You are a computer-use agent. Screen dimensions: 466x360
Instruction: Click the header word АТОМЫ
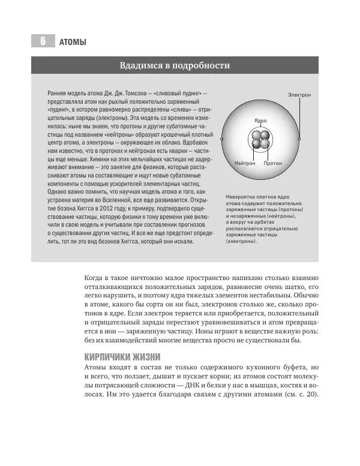coord(74,42)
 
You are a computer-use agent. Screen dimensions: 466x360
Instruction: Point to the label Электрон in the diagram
coord(302,95)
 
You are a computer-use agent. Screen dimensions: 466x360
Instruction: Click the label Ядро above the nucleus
coord(260,121)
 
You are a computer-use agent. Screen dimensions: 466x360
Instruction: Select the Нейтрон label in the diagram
coord(245,163)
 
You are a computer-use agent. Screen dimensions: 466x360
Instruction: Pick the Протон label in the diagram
coord(272,163)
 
